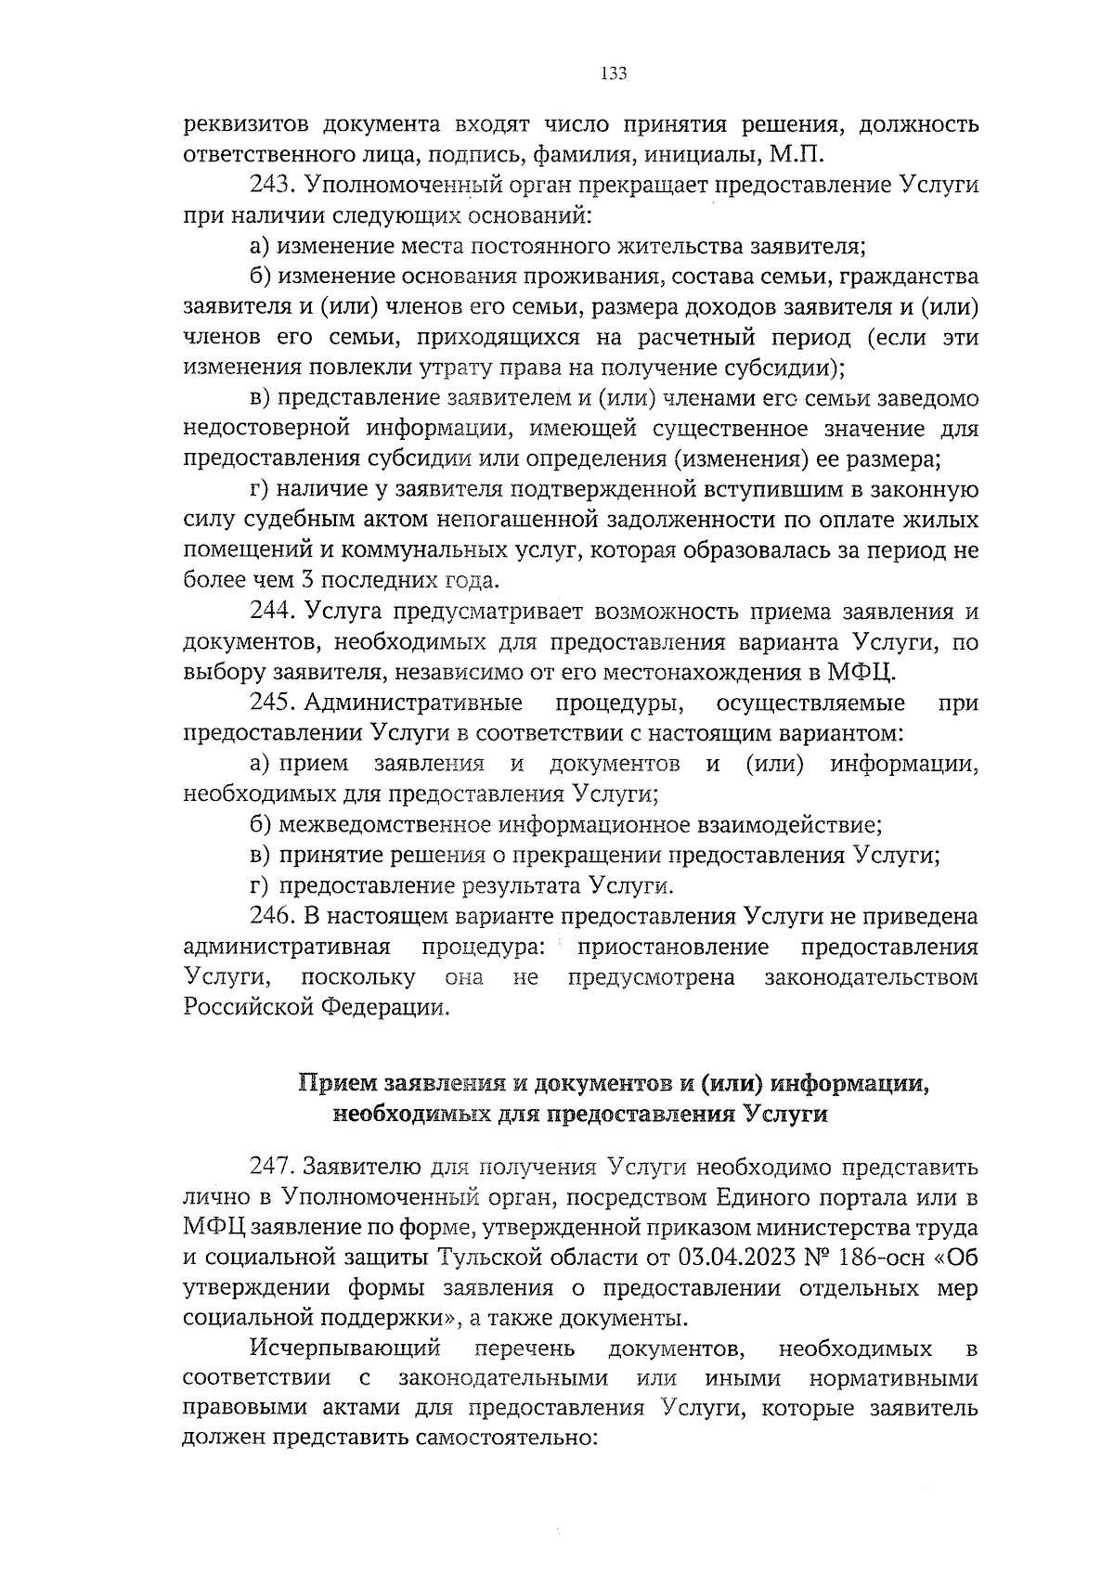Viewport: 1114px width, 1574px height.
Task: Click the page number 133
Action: click(x=614, y=74)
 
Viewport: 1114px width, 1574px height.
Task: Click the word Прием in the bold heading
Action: click(x=338, y=1083)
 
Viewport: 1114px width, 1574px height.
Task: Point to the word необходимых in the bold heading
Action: click(x=410, y=1114)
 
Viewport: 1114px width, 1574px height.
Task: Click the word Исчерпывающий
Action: click(x=343, y=1348)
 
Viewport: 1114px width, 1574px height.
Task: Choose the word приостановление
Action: click(x=673, y=948)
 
